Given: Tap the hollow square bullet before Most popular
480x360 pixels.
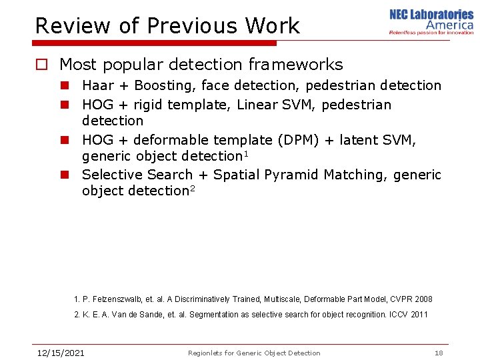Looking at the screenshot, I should (x=42, y=65).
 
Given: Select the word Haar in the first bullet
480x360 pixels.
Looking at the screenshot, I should (x=97, y=85).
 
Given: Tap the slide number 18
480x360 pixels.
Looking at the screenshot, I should (x=438, y=353).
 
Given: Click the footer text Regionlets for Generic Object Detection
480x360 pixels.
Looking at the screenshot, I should (x=254, y=353).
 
